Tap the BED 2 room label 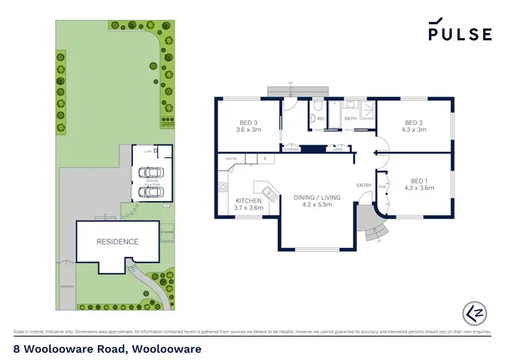[413, 124]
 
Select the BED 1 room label [419, 183]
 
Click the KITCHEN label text [248, 201]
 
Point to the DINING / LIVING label [317, 198]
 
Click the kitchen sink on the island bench [269, 194]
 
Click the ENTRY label [364, 185]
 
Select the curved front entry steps [372, 233]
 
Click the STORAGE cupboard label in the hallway [291, 149]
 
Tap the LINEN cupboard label [337, 149]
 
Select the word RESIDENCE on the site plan [117, 241]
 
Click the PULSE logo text [459, 35]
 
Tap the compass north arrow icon [476, 312]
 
